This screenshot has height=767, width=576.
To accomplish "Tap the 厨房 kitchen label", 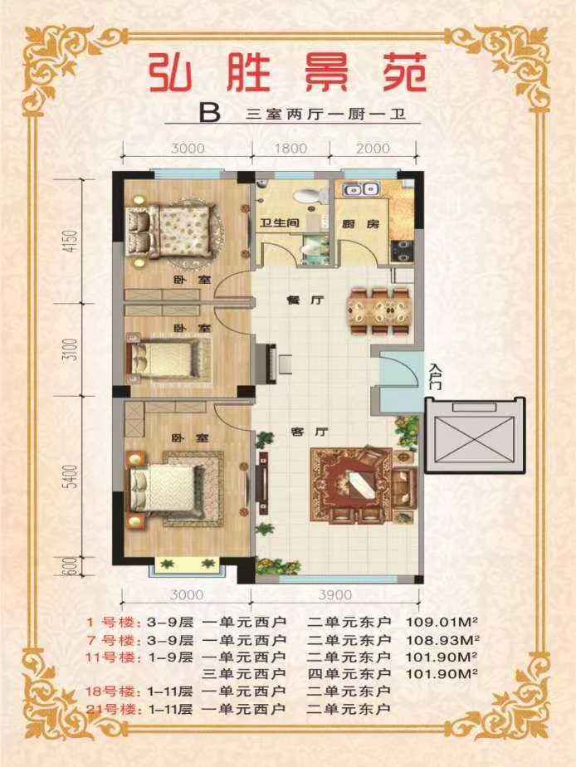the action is coord(360,224).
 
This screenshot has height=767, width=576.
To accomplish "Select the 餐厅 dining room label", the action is coord(305,300).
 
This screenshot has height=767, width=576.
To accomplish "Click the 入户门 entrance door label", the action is coord(437,376).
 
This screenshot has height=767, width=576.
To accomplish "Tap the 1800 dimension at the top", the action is coord(290,148).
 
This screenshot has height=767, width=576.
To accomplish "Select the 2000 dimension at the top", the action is coord(373,148).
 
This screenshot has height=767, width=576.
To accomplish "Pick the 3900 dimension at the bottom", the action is coord(335,595).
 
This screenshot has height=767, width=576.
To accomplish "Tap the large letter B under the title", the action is coord(210,114).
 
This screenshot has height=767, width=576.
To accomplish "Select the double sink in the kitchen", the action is coord(361,188).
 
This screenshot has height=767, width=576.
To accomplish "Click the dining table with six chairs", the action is coord(378,311).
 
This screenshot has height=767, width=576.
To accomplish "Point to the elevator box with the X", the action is coord(475,435).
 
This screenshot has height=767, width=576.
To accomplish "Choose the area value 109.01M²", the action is coord(442,623).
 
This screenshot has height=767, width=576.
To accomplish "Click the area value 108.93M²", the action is coord(442,639).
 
